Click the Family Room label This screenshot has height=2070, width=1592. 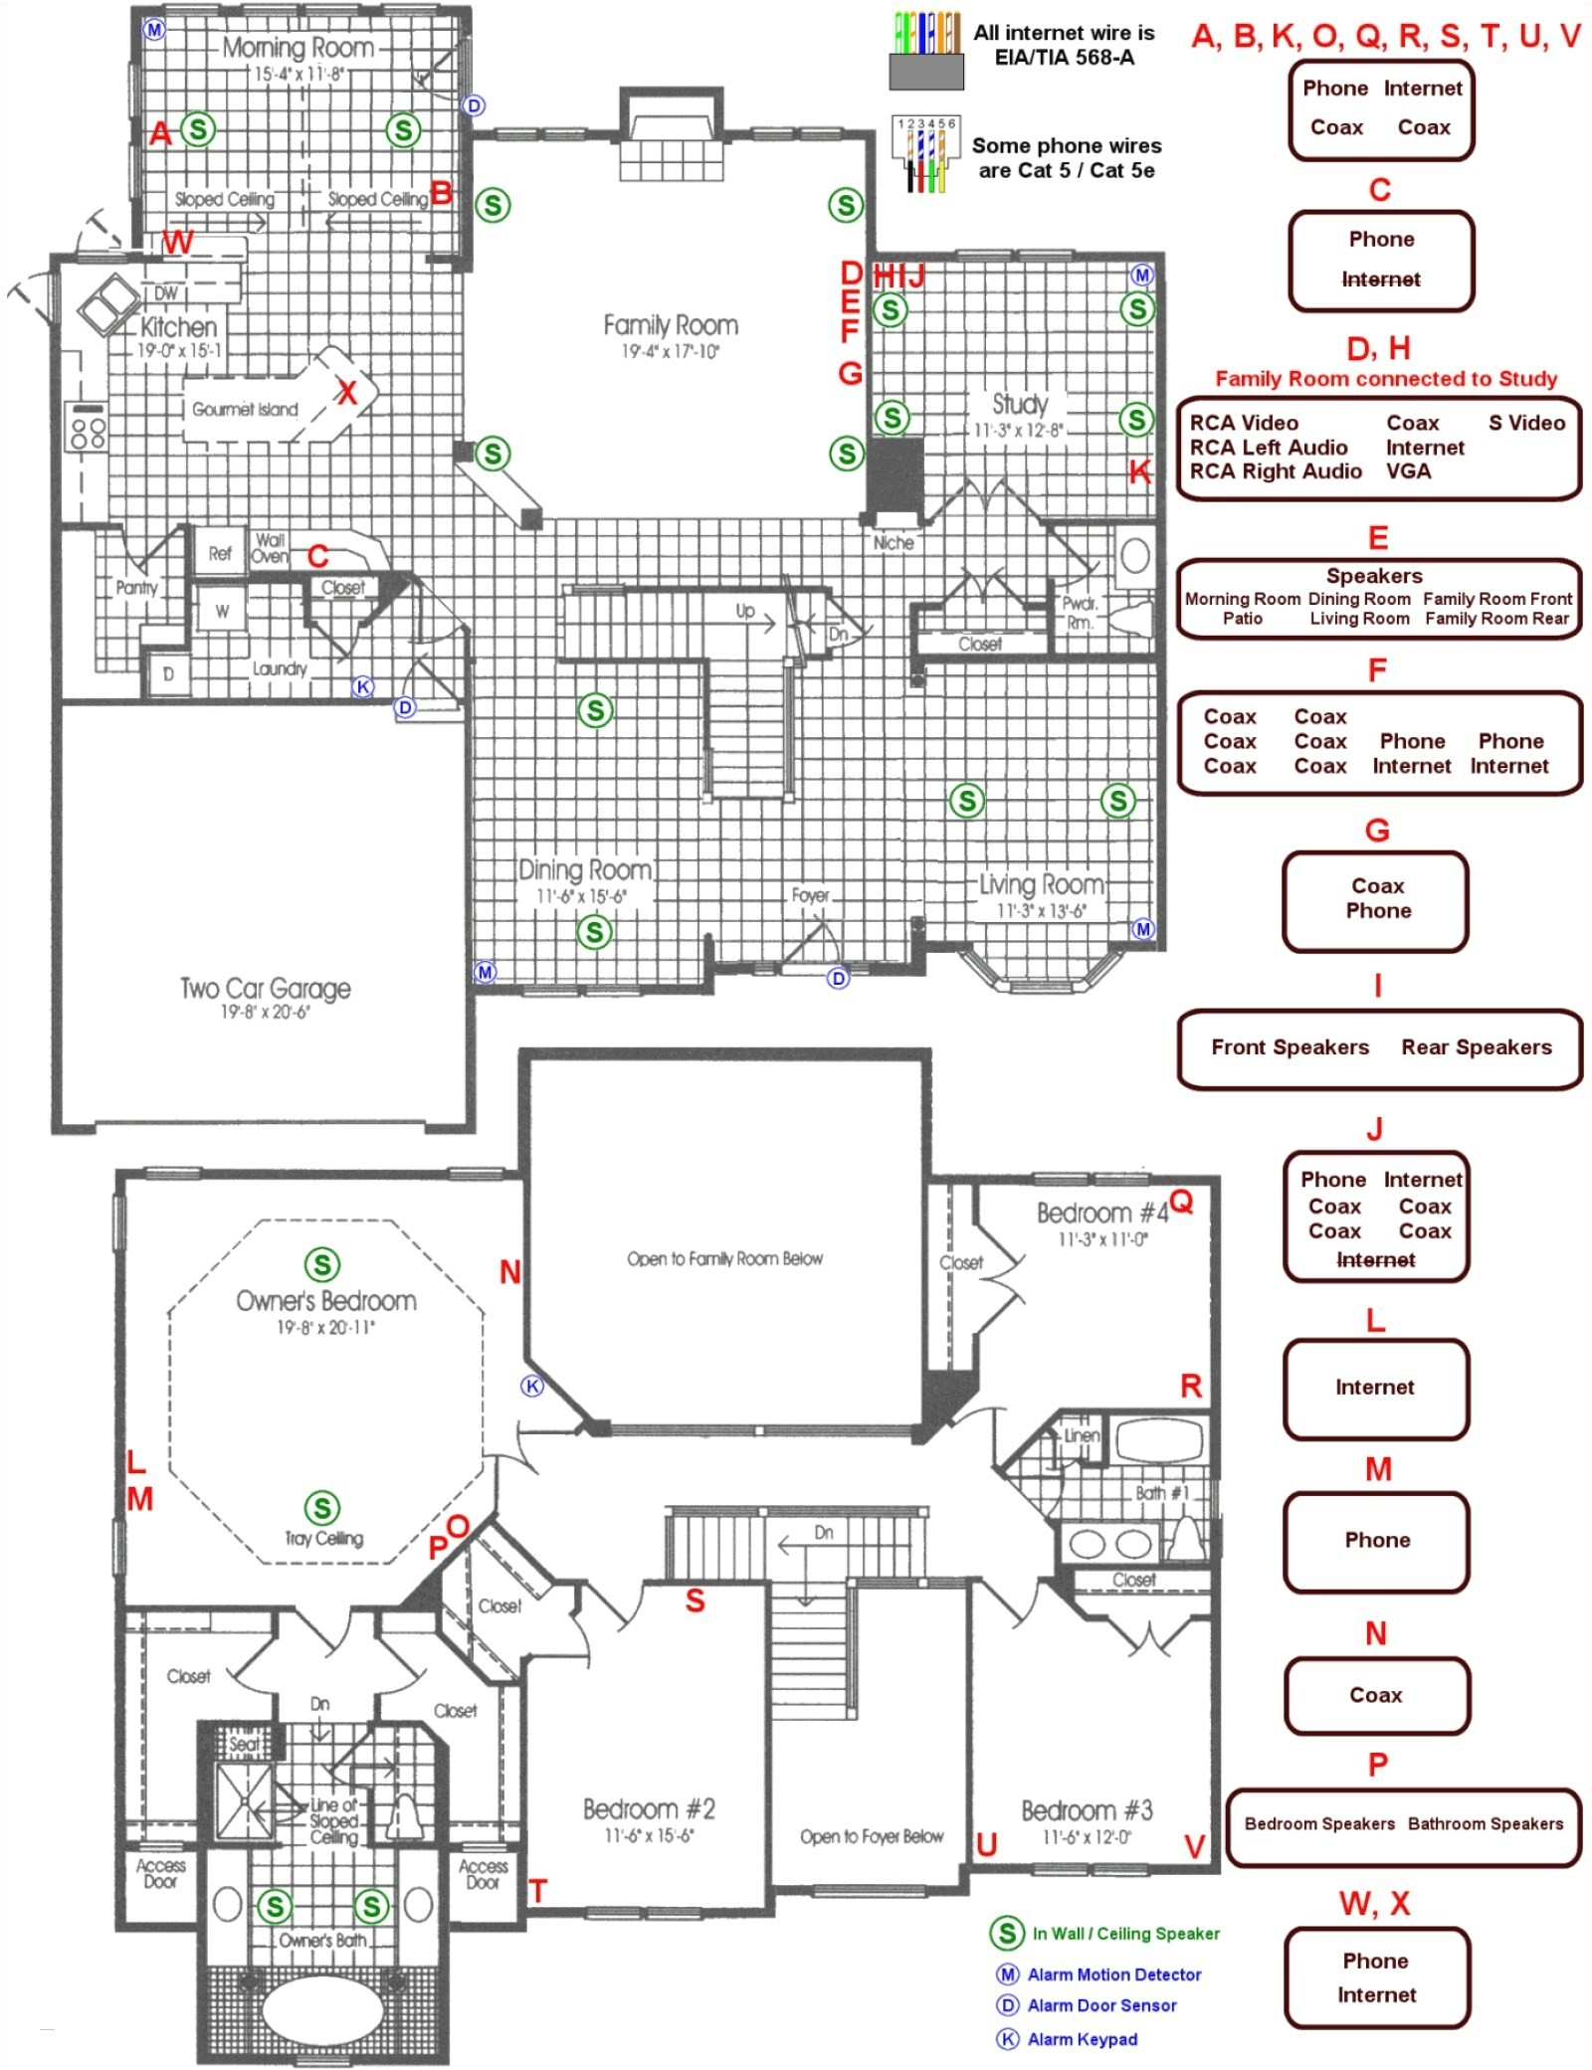[670, 325]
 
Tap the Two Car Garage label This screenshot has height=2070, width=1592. [265, 988]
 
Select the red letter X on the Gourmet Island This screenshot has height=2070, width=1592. [346, 393]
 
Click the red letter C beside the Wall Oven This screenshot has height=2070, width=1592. [317, 556]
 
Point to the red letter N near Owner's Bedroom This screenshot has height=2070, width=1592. [509, 1271]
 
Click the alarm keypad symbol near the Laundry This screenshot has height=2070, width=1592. [363, 686]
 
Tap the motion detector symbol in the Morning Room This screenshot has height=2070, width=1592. [154, 29]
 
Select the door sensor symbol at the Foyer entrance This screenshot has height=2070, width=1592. [838, 978]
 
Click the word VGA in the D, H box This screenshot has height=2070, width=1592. [1408, 471]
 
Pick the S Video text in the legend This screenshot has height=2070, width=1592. [1526, 423]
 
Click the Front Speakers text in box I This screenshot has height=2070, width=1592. [1290, 1047]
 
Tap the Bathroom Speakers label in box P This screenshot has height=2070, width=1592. [1485, 1823]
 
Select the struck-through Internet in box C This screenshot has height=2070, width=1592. [1380, 280]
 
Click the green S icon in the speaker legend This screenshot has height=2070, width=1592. [1006, 1933]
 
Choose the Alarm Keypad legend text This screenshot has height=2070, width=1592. [1082, 2039]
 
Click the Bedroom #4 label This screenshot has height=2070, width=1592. [1101, 1214]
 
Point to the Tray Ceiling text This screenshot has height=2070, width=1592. [323, 1539]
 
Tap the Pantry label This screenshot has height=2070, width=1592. [136, 588]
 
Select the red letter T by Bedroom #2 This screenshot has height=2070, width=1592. [537, 1890]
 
